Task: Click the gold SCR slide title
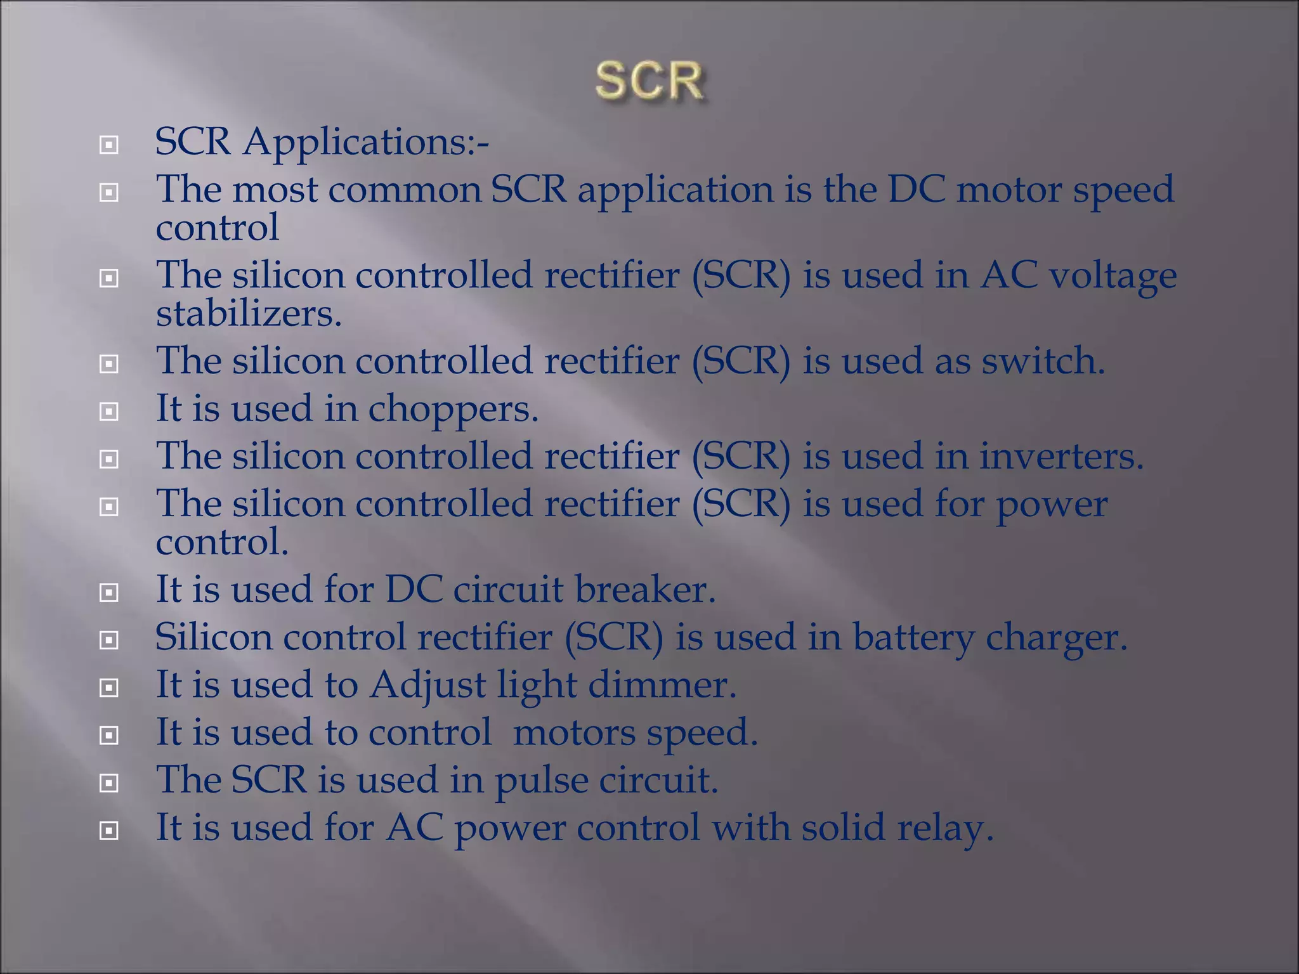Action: click(649, 81)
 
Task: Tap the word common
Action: click(405, 190)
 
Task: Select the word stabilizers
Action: click(249, 313)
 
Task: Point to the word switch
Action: click(1043, 361)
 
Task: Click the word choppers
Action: click(453, 409)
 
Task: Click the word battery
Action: click(913, 637)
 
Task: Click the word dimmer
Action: click(662, 685)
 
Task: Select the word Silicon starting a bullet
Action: click(214, 637)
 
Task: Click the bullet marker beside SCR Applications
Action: click(109, 145)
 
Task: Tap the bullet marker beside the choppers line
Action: click(109, 412)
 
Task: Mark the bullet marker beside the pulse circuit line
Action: click(109, 783)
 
